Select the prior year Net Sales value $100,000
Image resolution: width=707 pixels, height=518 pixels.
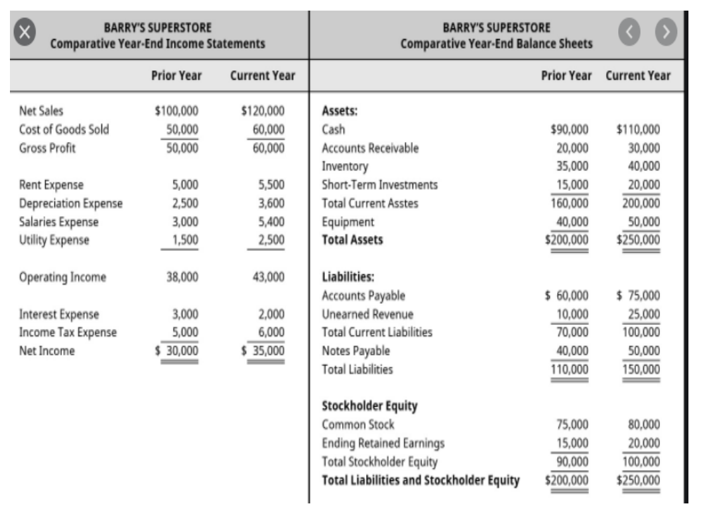point(176,111)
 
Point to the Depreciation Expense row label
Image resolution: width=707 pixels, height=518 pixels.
point(72,203)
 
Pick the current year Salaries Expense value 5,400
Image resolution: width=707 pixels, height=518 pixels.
point(271,222)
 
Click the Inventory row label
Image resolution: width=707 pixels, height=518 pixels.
point(344,166)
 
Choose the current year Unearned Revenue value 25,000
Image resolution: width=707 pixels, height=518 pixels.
point(643,314)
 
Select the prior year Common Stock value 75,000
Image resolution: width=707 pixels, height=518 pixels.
point(571,424)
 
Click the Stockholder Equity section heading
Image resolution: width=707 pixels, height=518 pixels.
point(369,405)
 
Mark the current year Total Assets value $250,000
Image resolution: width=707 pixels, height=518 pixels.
point(638,240)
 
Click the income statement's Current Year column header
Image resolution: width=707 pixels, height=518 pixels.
point(263,76)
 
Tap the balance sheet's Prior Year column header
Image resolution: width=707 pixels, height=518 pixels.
point(566,76)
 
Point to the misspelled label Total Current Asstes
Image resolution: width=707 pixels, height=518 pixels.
point(369,204)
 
